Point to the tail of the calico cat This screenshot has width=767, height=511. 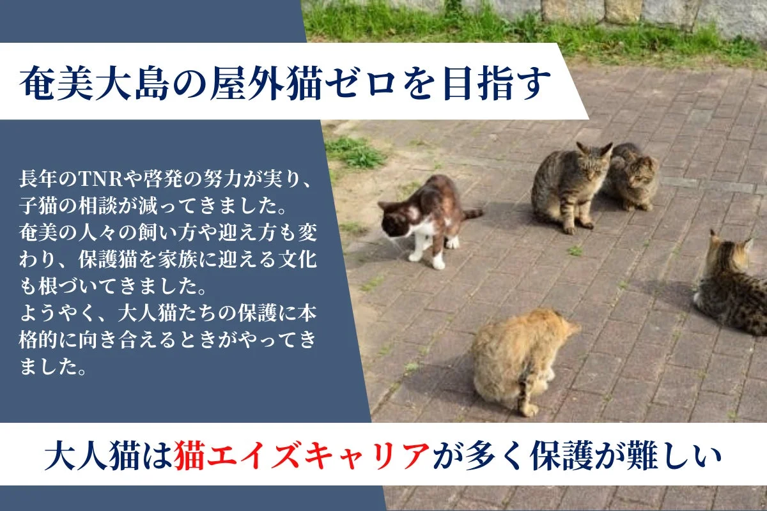click(472, 213)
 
